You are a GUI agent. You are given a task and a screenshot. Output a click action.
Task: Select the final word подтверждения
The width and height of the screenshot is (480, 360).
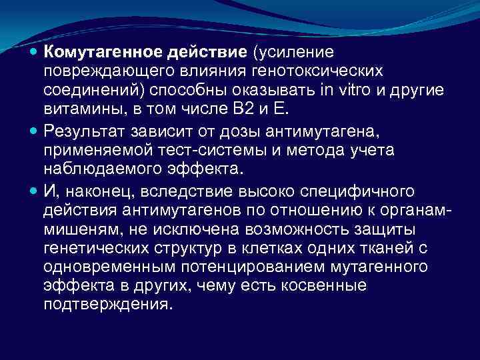tap(107, 304)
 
